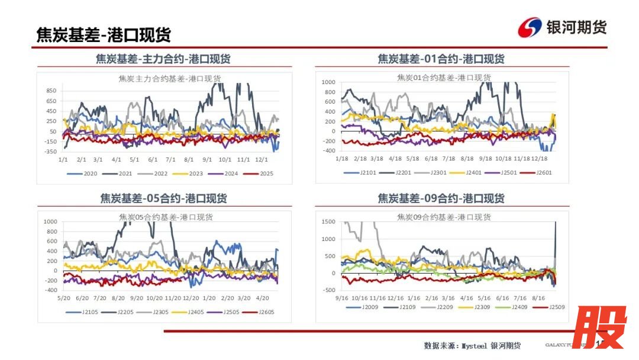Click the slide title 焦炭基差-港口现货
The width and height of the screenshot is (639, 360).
tap(104, 34)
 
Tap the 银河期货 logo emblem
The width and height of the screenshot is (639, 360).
tap(530, 27)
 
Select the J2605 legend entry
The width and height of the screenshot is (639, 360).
tap(264, 312)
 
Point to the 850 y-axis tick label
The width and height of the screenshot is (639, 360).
tap(51, 91)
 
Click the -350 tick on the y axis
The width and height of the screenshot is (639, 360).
tap(50, 152)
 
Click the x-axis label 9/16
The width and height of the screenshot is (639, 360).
tap(342, 298)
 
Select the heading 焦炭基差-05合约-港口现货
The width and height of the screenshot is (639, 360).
tap(163, 198)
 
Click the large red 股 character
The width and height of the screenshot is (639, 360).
tap(599, 327)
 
